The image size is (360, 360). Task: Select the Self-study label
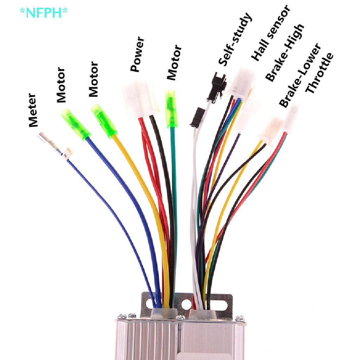pos(235,39)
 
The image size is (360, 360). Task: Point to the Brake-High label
pos(285,53)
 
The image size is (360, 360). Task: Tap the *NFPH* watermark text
pos(44,13)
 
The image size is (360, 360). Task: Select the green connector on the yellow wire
pos(104,119)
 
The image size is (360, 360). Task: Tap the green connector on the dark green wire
pos(171,108)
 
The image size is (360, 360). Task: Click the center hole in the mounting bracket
pos(186,303)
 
